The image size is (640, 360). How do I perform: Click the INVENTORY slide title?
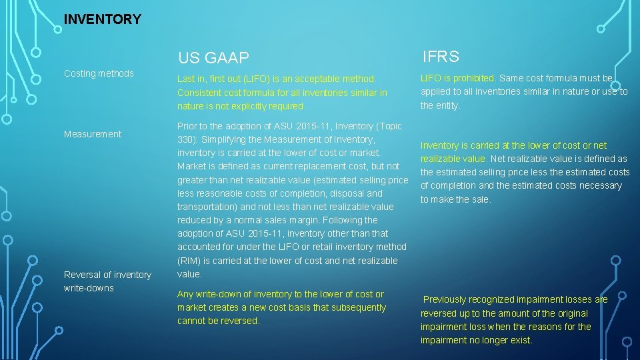point(102,19)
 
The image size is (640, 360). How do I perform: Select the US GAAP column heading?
point(213,58)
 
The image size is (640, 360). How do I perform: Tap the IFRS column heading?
point(441,57)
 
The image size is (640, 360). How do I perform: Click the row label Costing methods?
point(99,73)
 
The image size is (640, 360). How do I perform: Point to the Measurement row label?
point(93,134)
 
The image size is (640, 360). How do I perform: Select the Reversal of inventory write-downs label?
point(107,281)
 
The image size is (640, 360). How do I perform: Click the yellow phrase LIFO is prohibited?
point(457,78)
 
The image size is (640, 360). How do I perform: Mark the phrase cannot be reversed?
point(218,321)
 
